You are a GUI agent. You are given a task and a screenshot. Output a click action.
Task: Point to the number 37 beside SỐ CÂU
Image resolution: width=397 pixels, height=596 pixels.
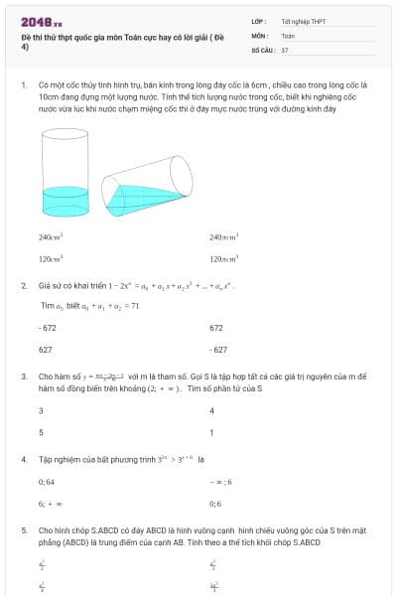(x=285, y=49)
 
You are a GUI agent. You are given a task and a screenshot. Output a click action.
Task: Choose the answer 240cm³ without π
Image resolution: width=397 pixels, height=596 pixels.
(x=51, y=237)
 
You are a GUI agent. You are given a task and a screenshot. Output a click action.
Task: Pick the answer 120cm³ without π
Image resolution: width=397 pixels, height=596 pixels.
(x=51, y=258)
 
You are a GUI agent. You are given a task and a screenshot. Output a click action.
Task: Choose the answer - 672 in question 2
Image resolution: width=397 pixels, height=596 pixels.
(x=47, y=327)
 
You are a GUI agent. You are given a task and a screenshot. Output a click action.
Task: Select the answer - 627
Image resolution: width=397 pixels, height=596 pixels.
(x=218, y=350)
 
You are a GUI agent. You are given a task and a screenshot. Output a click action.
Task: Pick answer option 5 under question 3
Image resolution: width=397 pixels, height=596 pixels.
(x=41, y=432)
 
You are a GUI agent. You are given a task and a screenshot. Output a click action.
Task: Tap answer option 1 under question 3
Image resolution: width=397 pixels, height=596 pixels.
(x=211, y=432)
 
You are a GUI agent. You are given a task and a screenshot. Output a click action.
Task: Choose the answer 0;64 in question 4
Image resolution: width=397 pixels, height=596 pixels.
(x=46, y=482)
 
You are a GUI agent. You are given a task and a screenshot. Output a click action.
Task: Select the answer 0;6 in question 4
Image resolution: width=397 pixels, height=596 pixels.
(x=215, y=504)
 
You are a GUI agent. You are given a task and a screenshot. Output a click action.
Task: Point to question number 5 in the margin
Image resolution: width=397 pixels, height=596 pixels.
(x=23, y=530)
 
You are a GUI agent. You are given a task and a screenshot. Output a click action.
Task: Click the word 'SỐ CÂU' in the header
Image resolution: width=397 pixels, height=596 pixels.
(x=263, y=49)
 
